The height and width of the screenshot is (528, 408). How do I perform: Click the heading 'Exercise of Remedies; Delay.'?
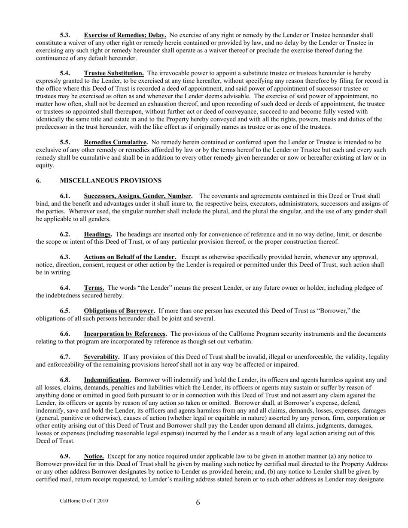[x=125, y=35]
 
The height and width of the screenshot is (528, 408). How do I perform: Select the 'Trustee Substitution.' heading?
[x=114, y=73]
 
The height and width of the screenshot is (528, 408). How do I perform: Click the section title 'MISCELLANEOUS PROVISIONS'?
[x=111, y=181]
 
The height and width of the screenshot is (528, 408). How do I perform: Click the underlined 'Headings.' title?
[x=98, y=234]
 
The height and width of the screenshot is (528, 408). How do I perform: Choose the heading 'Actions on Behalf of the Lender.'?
[x=130, y=257]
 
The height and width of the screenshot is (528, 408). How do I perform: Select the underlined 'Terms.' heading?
[x=94, y=288]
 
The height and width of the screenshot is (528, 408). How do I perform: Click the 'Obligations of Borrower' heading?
[x=119, y=311]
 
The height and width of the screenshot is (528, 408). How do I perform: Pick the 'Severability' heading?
[x=101, y=357]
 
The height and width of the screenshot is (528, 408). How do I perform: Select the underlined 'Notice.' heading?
[x=94, y=456]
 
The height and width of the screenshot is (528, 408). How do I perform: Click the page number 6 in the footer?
[x=198, y=503]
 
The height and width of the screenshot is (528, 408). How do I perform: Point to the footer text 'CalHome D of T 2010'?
[x=84, y=501]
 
